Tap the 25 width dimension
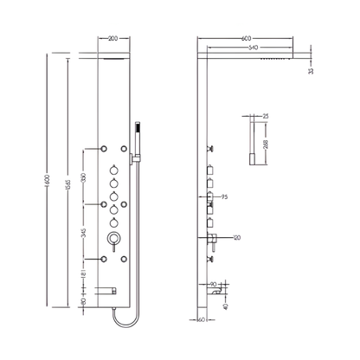point(265,114)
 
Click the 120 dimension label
point(235,236)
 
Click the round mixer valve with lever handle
point(112,239)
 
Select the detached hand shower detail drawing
point(253,138)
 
